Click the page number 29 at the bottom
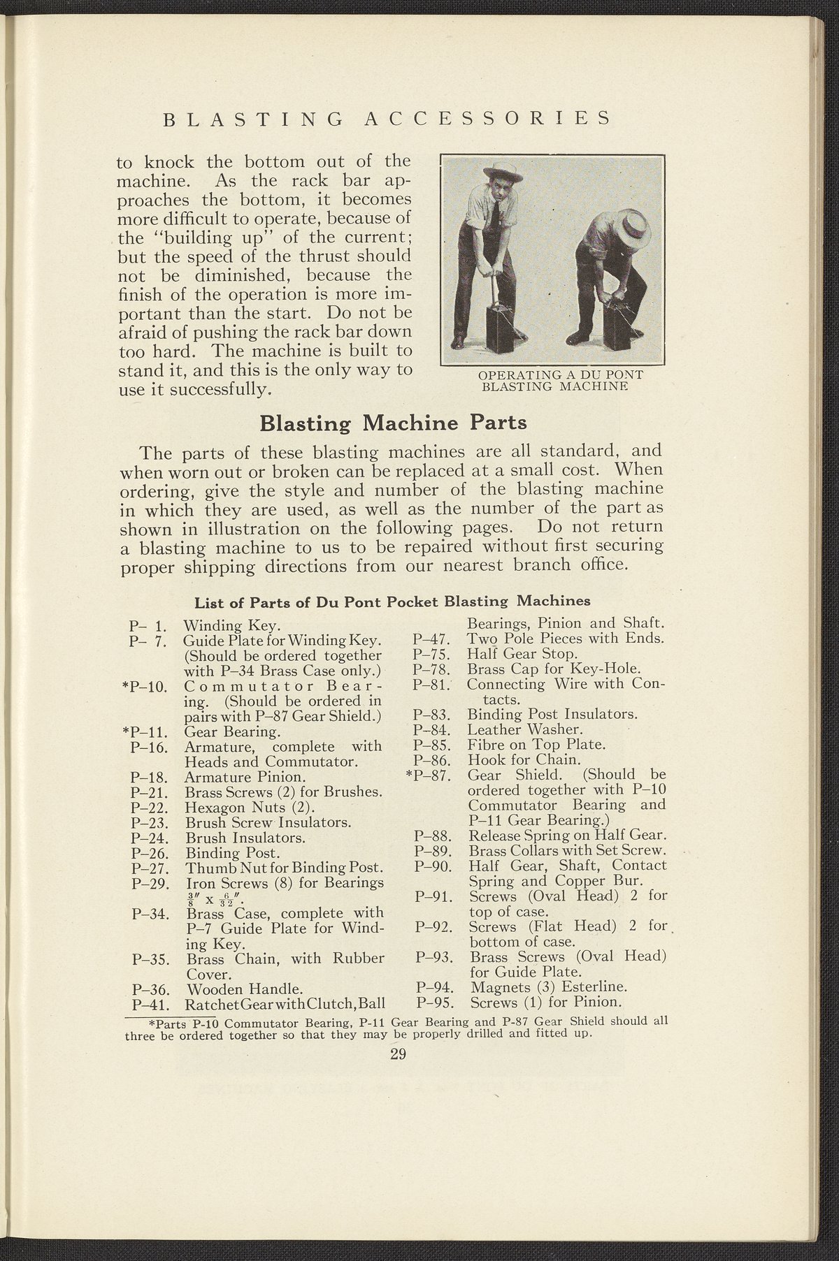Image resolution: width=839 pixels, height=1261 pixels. coord(399,1054)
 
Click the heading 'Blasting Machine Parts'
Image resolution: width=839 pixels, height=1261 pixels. coord(392,423)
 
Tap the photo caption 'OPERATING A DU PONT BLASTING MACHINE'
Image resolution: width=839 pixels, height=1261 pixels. coord(560,381)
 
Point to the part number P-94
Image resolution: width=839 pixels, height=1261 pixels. coord(431,987)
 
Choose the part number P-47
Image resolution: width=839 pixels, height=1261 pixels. coord(430,639)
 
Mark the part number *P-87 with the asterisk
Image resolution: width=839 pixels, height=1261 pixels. coord(427,775)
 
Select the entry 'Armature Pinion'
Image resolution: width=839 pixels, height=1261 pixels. coord(235,776)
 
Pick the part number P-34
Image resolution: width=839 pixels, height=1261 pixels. coord(149,913)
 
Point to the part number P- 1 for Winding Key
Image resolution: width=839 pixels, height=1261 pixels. coord(146,625)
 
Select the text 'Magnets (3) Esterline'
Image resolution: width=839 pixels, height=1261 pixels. coord(548,987)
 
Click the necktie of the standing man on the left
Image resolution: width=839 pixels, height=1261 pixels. coord(494,216)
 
